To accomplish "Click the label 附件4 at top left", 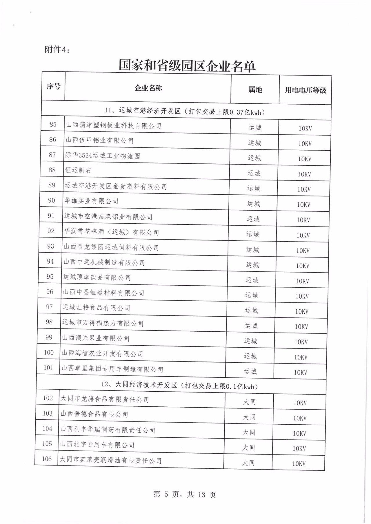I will point(57,50).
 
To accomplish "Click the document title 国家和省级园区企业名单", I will point(187,66).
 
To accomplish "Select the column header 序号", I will point(54,86).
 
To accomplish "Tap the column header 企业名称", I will point(148,88).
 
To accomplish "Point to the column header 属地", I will point(255,90).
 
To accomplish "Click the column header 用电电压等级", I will point(305,90).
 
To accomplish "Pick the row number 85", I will point(53,125).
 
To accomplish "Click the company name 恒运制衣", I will point(78,170).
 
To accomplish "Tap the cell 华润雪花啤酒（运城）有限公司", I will point(112,232).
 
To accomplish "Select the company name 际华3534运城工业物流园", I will point(103,156).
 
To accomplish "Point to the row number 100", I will point(49,353).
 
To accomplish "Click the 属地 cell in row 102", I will point(249,402).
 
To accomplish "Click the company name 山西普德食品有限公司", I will point(94,414).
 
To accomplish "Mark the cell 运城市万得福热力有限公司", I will point(103,323).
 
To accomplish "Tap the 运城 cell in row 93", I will point(252,250).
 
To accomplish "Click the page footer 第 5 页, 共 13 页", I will point(185,494).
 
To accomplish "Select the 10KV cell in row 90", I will point(303,205).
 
